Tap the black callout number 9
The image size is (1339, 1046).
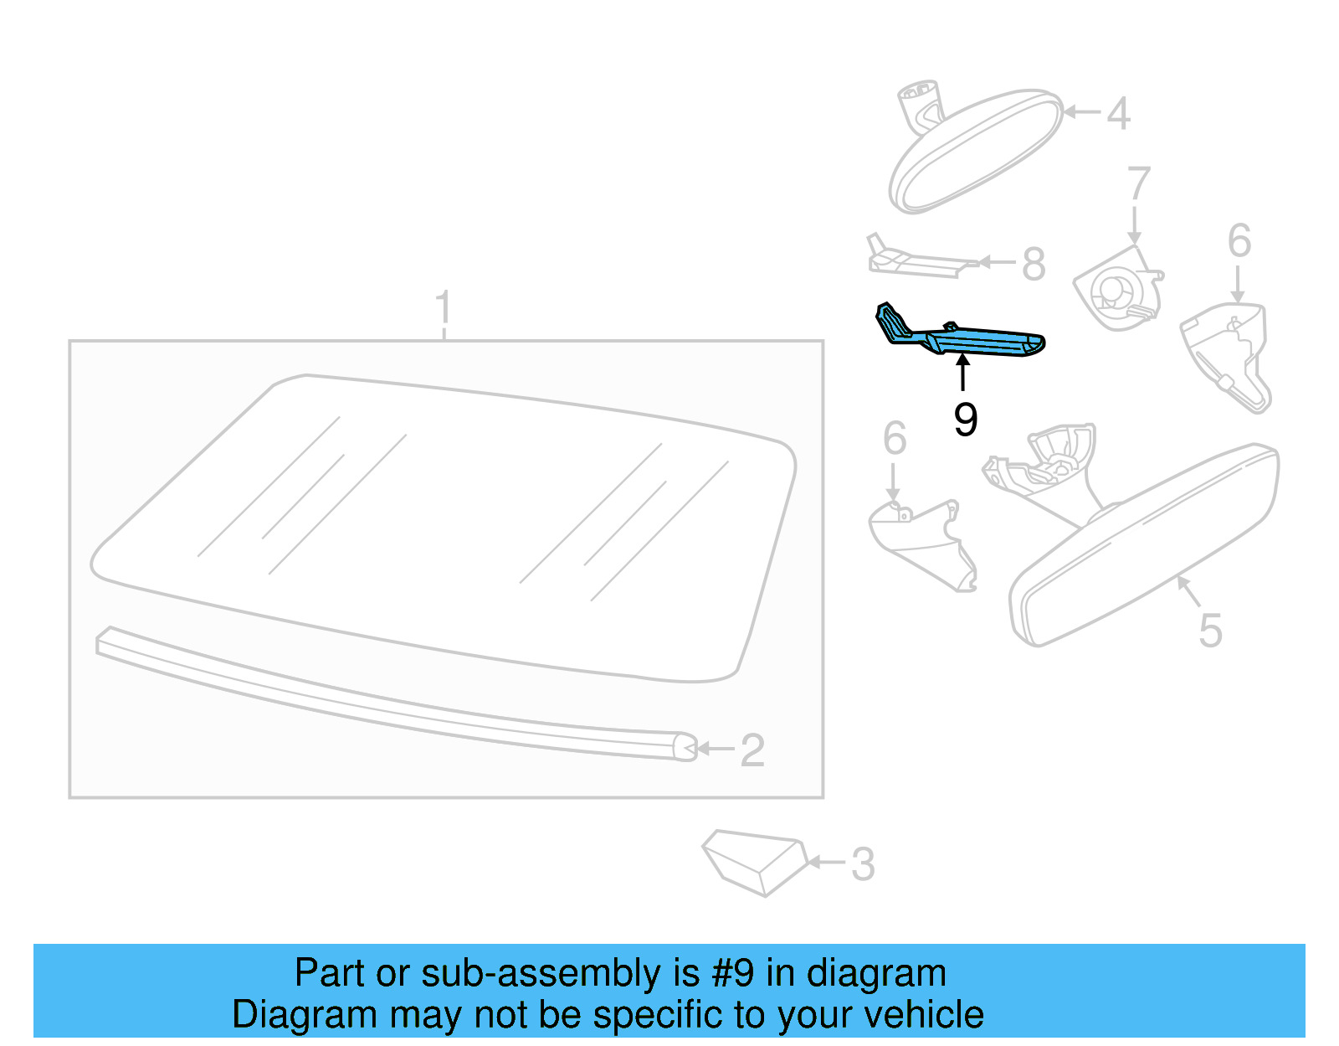tap(965, 420)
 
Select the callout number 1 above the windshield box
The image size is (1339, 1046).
tap(444, 307)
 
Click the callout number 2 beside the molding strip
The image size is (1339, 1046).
tap(752, 750)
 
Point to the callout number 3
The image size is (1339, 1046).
tap(863, 864)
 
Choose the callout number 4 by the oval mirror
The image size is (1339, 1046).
tap(1118, 113)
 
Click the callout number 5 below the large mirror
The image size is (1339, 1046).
tap(1210, 630)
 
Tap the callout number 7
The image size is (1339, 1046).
tap(1138, 183)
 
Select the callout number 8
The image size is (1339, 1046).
tap(1034, 264)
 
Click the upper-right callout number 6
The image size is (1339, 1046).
tap(1239, 241)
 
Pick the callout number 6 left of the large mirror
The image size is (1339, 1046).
tap(895, 439)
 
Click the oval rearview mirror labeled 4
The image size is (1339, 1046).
tap(975, 151)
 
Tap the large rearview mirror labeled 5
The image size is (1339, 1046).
tap(1147, 544)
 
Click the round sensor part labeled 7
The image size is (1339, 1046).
tap(1116, 289)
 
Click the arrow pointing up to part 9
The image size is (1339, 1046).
tap(963, 373)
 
